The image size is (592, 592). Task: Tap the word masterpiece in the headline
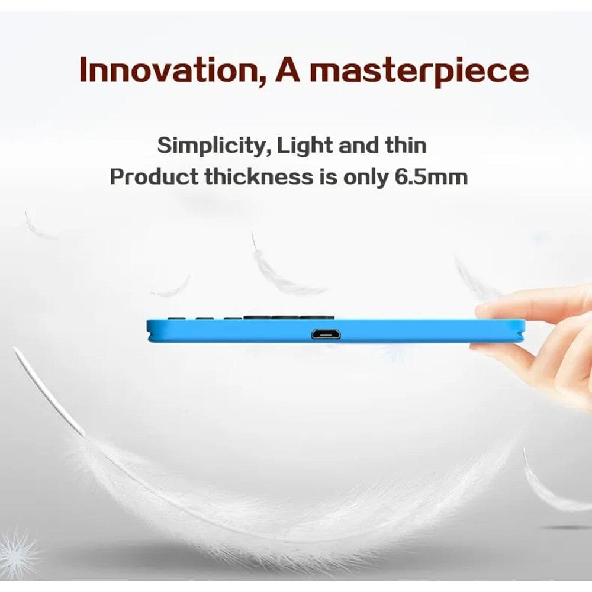[x=419, y=72]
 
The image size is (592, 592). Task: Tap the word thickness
[x=259, y=176]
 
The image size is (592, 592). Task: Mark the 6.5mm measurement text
[x=431, y=176]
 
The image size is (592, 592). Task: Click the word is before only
[x=328, y=176]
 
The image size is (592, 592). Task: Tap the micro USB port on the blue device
[x=326, y=334]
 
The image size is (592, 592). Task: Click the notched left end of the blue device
[x=150, y=332]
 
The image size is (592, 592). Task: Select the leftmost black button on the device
[x=173, y=318]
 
